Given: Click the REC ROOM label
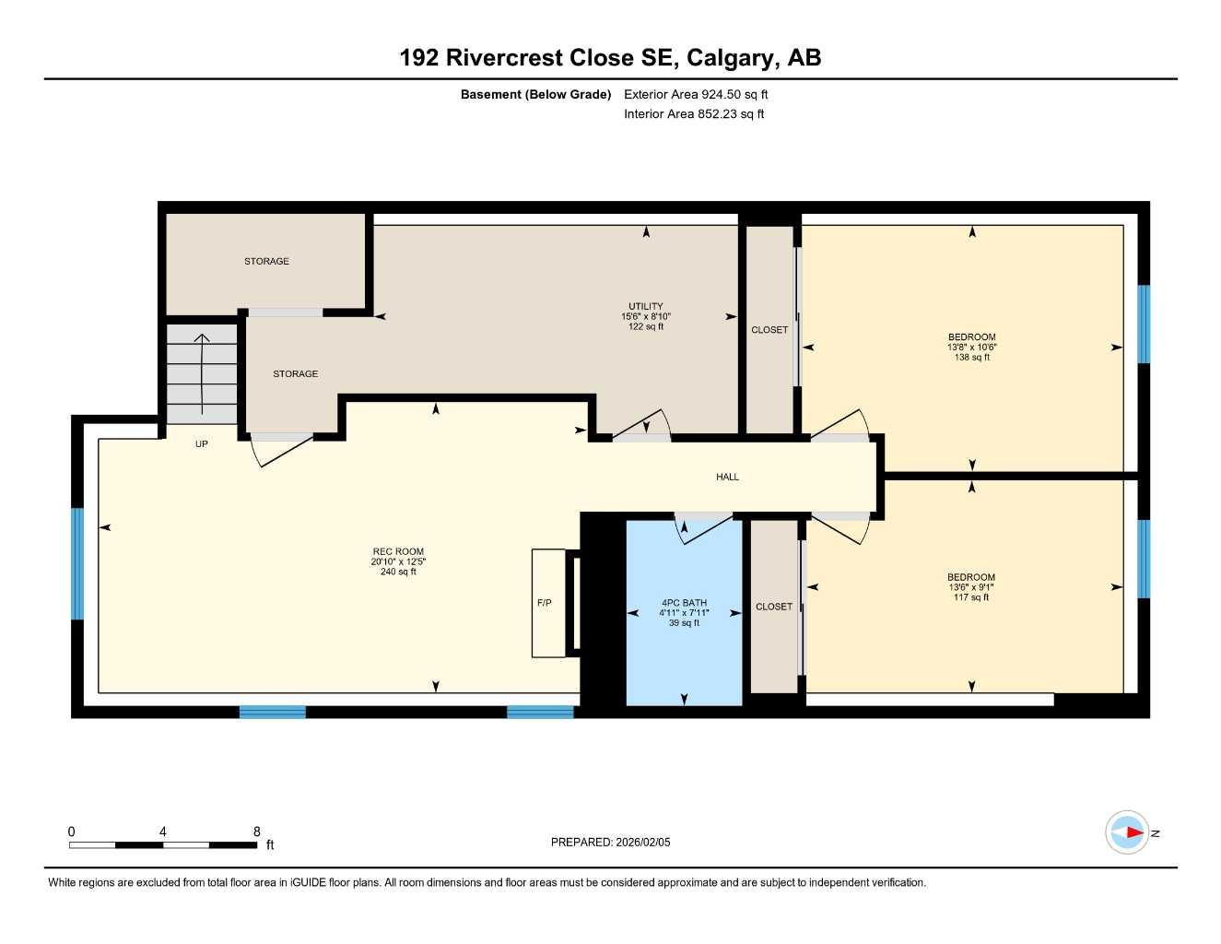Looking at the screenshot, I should pos(398,551).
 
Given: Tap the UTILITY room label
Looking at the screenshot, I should pos(645,306).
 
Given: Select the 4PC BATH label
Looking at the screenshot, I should pos(684,603).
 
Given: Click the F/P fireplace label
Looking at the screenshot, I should pos(545,603).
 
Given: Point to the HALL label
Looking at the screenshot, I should pos(727,477).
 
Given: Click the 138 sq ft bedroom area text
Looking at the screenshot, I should pos(971,358).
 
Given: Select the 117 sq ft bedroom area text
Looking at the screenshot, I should pos(971,597).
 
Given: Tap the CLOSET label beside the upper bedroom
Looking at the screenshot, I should pos(769,330).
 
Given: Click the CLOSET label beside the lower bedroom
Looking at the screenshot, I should pos(773,607).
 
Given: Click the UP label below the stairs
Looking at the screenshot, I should pos(202,444).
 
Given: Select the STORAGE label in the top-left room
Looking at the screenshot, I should pos(266,262).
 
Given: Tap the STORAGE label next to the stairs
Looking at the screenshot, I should pos(295,374).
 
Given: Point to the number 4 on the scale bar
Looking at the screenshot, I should pos(163,832).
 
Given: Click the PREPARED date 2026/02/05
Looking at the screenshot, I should pos(610,842).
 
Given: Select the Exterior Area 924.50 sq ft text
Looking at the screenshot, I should pos(696,94).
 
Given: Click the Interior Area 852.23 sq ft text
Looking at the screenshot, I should pos(694,114).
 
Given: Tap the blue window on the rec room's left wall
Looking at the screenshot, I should pos(77,563).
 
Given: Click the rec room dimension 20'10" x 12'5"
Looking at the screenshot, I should pos(398,561).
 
